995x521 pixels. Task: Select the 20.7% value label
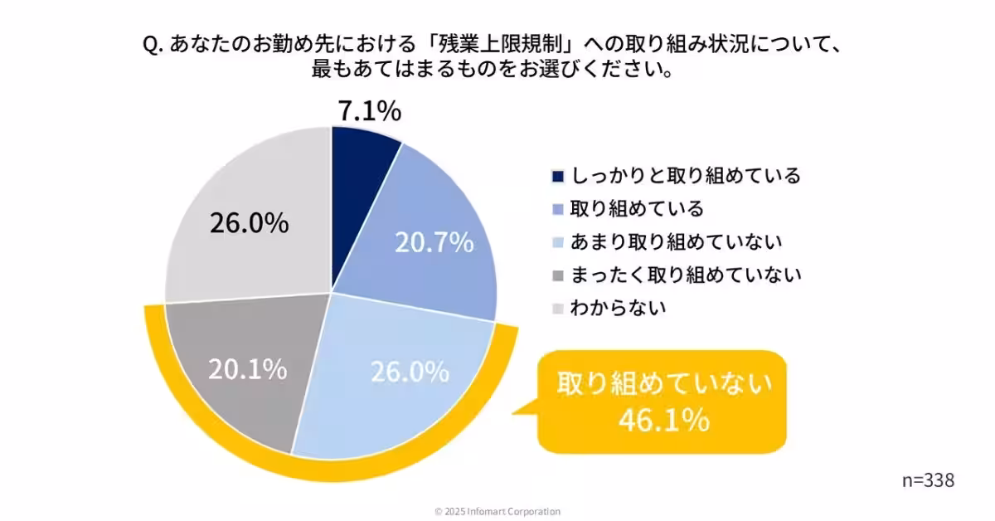click(x=434, y=242)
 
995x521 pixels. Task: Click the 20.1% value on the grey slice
click(x=247, y=368)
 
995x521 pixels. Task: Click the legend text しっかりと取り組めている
click(x=684, y=176)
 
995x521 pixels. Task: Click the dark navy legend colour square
click(x=557, y=177)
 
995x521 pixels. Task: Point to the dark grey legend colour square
click(x=557, y=275)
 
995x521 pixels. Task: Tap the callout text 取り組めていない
click(x=663, y=384)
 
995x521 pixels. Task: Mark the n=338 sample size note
click(x=928, y=480)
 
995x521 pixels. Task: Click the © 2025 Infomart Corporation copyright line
click(x=498, y=511)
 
